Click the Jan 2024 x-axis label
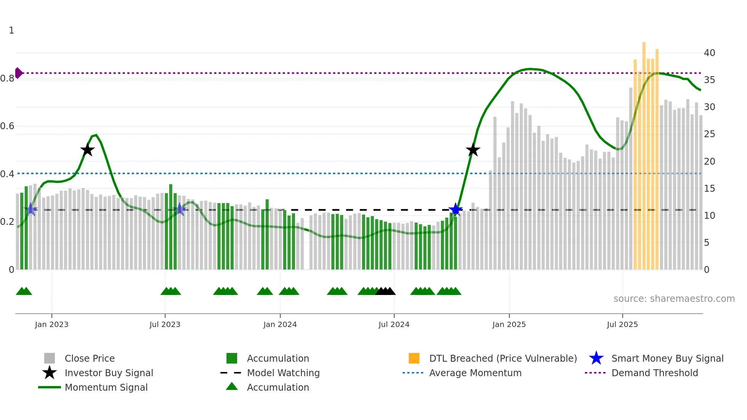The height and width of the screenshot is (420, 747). coord(280,324)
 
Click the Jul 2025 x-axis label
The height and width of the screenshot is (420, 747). coord(622,324)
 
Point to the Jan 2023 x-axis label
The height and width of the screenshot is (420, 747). coord(51,324)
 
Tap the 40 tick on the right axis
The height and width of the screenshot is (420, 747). coord(709,53)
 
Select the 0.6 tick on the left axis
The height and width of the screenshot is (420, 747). coord(7,126)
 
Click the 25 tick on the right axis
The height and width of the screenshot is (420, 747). coord(709,134)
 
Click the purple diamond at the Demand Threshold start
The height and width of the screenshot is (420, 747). coord(18,73)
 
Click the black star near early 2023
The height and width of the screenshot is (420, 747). coord(87,150)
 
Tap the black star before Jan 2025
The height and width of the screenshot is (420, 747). coord(473,150)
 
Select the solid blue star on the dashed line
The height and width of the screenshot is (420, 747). coord(455,210)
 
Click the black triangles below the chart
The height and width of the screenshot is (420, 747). coord(385,291)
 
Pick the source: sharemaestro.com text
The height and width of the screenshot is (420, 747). coord(674,299)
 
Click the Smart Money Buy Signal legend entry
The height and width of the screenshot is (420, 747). coord(667,358)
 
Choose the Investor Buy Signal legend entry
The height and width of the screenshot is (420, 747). coord(109,373)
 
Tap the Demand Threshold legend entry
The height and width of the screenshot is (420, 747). coord(654,373)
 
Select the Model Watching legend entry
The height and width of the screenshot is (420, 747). coord(283,373)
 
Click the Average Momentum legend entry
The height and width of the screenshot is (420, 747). coord(475,373)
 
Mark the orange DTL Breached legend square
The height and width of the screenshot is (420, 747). coord(414,358)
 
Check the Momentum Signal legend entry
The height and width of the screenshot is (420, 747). coord(106,387)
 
